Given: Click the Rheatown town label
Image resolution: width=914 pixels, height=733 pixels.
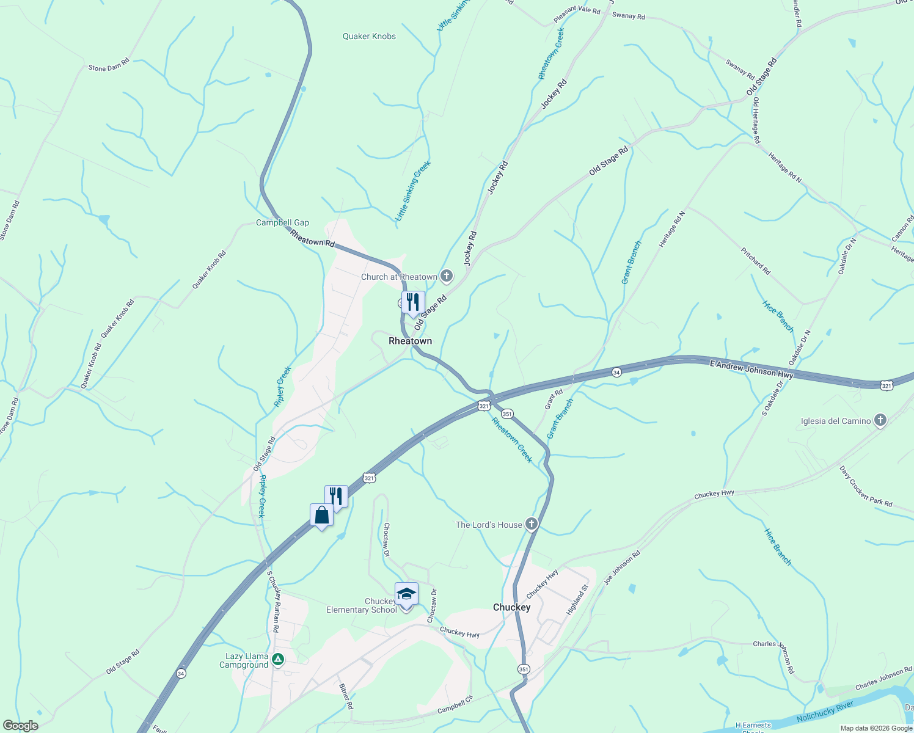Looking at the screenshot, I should point(410,341).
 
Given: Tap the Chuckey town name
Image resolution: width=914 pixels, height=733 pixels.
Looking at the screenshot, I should point(511,607).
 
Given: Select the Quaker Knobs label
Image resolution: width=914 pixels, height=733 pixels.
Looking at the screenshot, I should point(369,36).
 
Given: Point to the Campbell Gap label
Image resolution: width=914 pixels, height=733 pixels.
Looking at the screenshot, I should point(282,222).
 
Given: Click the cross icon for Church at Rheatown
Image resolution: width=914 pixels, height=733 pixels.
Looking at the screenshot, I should point(447,277).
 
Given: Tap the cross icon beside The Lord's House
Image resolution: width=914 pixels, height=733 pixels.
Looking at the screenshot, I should point(532,524).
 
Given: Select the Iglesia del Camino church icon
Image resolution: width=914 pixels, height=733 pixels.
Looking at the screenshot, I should point(880,420).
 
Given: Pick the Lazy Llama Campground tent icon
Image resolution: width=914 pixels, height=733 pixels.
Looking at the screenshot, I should point(278,659).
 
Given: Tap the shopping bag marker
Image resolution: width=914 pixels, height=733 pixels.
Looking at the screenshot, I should point(321,516).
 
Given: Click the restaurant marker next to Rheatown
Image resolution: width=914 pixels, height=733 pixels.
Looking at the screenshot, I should point(413,302).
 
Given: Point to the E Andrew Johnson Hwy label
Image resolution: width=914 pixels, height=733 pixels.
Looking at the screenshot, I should point(751,369).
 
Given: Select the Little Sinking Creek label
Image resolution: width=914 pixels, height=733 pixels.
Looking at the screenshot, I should point(414,191).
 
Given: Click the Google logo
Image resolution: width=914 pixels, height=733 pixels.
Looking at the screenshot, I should point(20,726).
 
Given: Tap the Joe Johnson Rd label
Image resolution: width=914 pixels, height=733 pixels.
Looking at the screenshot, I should point(622,567).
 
